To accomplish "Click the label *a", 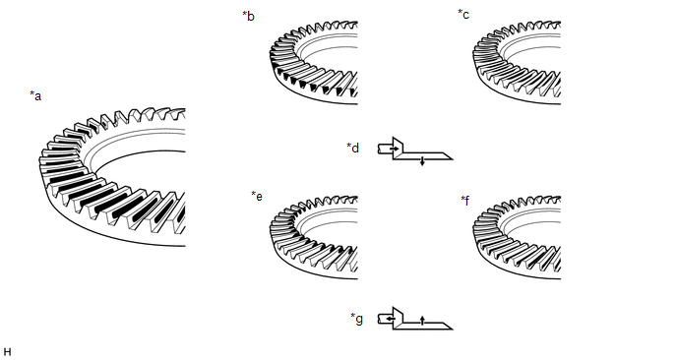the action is tap(35, 95).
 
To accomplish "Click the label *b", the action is tap(248, 16).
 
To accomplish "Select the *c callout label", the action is tap(463, 14).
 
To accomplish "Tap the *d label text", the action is tap(352, 148).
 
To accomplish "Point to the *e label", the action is tap(257, 196).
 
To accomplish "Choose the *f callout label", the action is tap(465, 201).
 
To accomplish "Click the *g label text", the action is tap(356, 319).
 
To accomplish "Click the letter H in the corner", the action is tap(7, 352).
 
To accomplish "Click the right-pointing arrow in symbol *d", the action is tap(395, 149).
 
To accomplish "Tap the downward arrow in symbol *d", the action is tap(422, 161).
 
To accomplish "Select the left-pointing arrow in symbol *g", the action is tap(391, 319).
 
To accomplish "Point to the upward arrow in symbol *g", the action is tap(422, 320).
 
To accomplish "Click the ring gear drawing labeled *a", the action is tap(112, 177).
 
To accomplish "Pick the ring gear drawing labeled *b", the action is tap(314, 63).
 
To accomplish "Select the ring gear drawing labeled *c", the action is tap(517, 63).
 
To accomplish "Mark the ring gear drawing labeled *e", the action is tap(314, 237).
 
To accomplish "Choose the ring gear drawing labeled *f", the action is tap(517, 237).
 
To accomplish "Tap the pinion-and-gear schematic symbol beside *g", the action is tap(415, 319).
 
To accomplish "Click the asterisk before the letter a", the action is tap(31, 93).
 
